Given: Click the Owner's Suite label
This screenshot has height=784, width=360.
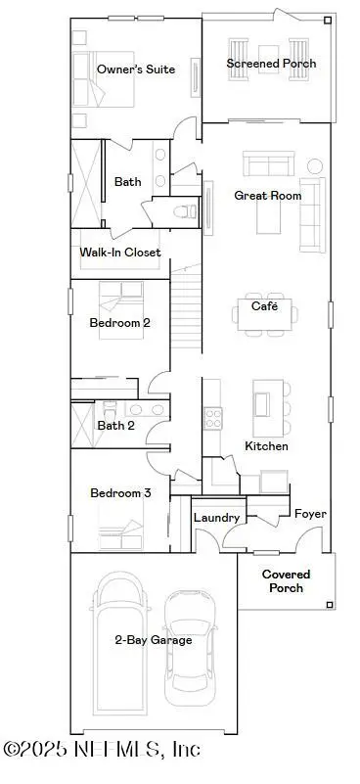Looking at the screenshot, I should click(x=135, y=69).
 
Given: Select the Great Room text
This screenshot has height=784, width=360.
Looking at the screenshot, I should click(x=267, y=195).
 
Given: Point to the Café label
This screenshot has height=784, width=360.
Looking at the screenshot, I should click(x=265, y=305).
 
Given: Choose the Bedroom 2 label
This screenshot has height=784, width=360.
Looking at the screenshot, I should click(x=119, y=322).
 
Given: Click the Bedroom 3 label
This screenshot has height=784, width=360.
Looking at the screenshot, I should click(x=119, y=493).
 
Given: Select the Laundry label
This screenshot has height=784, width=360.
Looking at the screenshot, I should click(x=217, y=518).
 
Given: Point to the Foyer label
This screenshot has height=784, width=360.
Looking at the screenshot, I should click(x=310, y=513).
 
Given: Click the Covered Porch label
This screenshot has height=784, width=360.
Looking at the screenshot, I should click(x=286, y=581).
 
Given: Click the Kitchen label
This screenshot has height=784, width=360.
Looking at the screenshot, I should click(x=266, y=445).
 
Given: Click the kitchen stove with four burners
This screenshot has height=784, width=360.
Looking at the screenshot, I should click(x=213, y=418).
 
